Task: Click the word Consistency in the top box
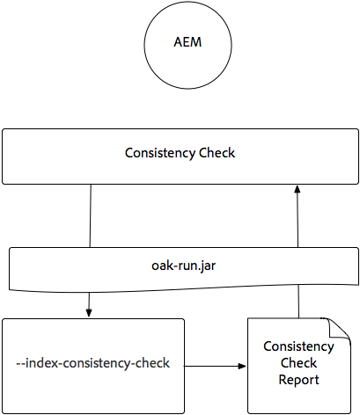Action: [157, 153]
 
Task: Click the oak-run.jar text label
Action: [180, 264]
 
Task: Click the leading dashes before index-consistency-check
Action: [21, 363]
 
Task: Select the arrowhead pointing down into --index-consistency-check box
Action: [91, 312]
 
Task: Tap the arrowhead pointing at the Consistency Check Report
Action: [242, 362]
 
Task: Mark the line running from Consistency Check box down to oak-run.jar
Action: [91, 215]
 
